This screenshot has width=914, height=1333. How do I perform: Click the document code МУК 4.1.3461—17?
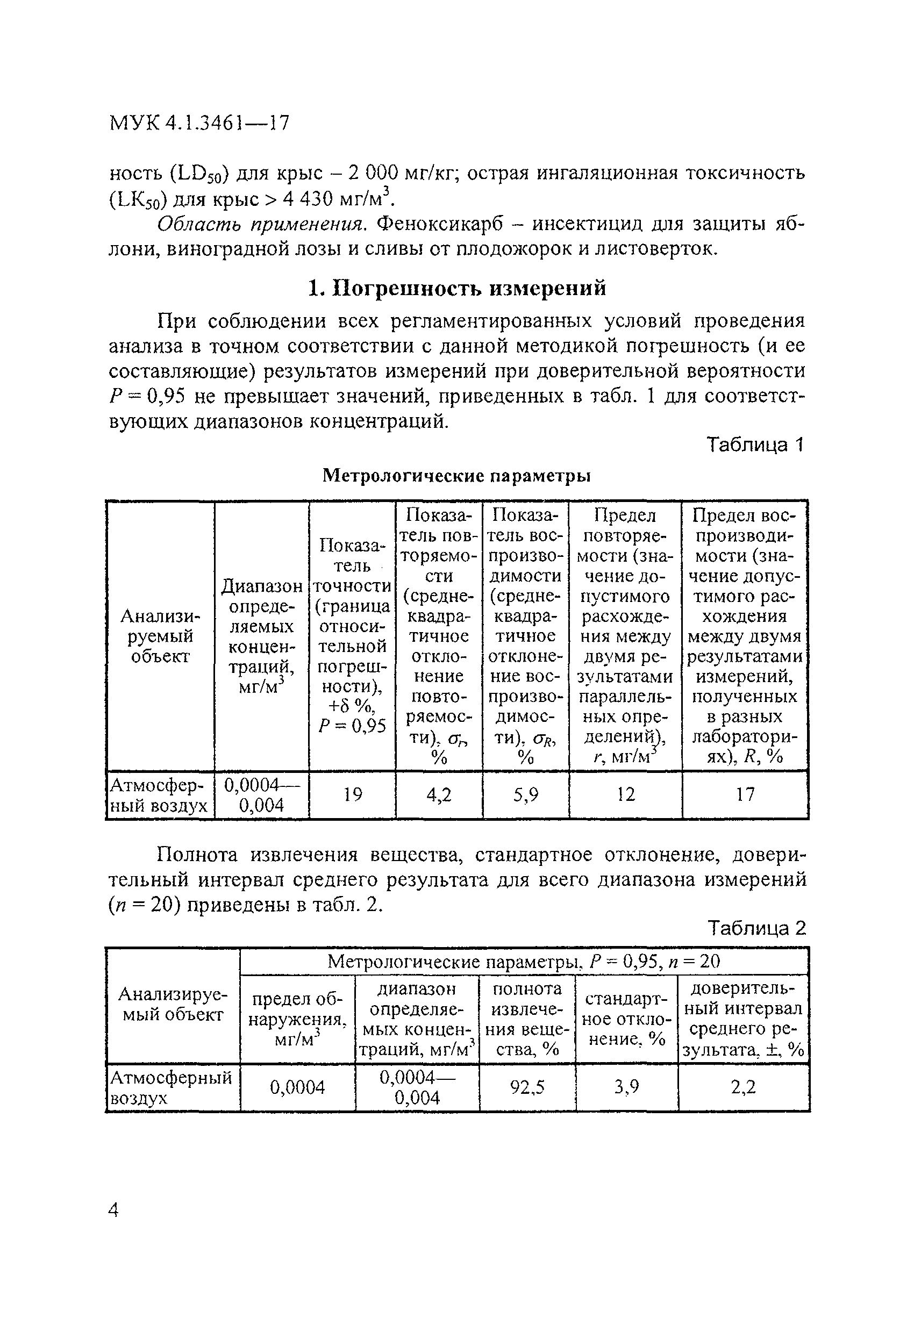point(199,123)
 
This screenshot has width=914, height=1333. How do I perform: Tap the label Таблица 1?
point(755,445)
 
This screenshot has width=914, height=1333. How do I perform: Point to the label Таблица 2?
point(756,928)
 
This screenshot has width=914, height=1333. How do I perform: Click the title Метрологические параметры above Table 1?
point(456,476)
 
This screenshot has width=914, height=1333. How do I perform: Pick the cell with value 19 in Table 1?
point(353,794)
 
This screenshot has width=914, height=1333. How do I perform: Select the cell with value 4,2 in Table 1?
point(439,794)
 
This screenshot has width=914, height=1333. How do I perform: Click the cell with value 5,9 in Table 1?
point(526,794)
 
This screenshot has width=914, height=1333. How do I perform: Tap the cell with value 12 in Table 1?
point(625,794)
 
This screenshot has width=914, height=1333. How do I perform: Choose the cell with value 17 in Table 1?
point(745,794)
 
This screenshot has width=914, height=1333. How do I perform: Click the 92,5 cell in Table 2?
point(527,1087)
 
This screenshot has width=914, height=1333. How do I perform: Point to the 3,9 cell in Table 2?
point(626,1087)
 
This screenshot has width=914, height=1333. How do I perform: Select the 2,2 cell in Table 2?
point(743,1087)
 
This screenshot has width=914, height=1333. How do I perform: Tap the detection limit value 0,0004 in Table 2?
point(297,1087)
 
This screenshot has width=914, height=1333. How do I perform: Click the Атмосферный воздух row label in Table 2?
point(171,1087)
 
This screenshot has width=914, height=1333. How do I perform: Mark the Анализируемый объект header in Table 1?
point(160,636)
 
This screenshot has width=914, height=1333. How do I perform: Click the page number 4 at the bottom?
point(113,1210)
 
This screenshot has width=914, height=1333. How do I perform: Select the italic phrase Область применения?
point(262,224)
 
